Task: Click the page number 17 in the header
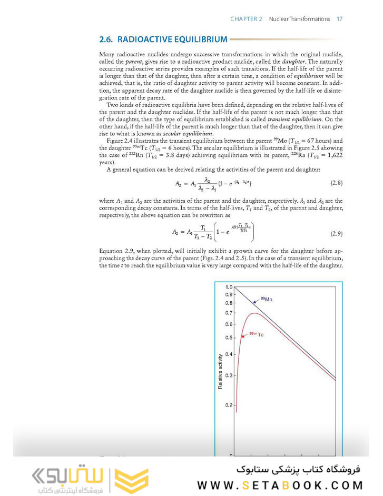tap(340, 19)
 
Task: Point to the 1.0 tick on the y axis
tap(229, 287)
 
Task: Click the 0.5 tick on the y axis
tap(229, 338)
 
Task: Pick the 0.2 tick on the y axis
tap(229, 405)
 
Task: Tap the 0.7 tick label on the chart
tap(229, 313)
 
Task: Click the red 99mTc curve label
tap(256, 334)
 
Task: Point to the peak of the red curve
tap(256, 314)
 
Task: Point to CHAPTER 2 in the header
tap(246, 19)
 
